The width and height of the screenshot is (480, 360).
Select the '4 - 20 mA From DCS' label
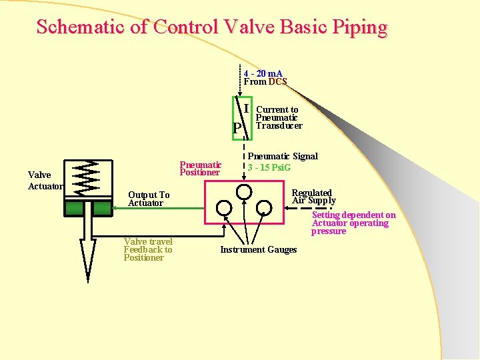click(265, 77)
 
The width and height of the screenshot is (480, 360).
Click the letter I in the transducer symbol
click(246, 108)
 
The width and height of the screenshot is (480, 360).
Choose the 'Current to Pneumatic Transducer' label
click(279, 117)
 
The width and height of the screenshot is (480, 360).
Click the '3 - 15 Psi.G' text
click(269, 167)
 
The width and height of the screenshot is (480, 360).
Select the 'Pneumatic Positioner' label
click(201, 168)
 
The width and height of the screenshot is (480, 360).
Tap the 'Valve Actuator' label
click(44, 181)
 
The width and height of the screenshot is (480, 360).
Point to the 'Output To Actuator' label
click(149, 199)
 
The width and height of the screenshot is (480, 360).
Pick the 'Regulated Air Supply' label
click(313, 197)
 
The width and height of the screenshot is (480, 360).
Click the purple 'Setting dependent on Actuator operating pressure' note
click(353, 223)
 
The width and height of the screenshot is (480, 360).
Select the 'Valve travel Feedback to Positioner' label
click(148, 249)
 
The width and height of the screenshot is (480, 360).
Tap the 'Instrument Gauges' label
click(259, 250)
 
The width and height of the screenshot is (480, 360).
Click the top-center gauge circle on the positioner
click(244, 191)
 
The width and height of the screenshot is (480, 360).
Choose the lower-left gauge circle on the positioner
click(225, 208)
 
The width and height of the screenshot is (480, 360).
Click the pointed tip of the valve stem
click(87, 273)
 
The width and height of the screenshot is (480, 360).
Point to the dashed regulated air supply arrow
click(300, 208)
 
